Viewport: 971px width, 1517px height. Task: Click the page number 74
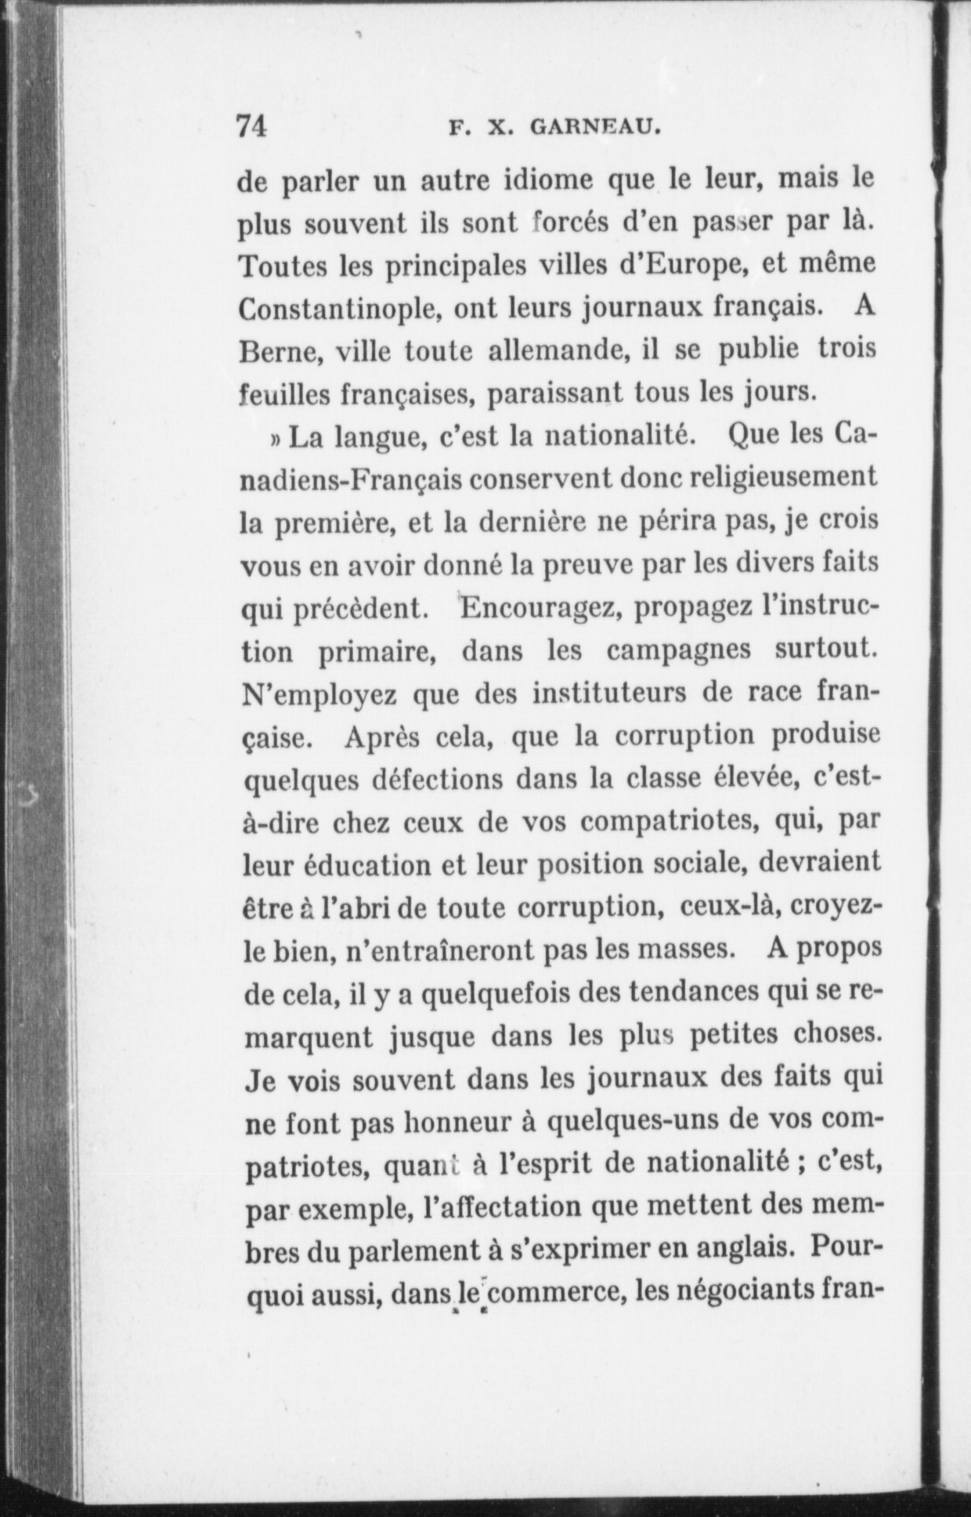tap(252, 126)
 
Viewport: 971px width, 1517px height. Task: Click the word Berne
tap(276, 352)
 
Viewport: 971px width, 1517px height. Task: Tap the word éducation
tap(356, 865)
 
